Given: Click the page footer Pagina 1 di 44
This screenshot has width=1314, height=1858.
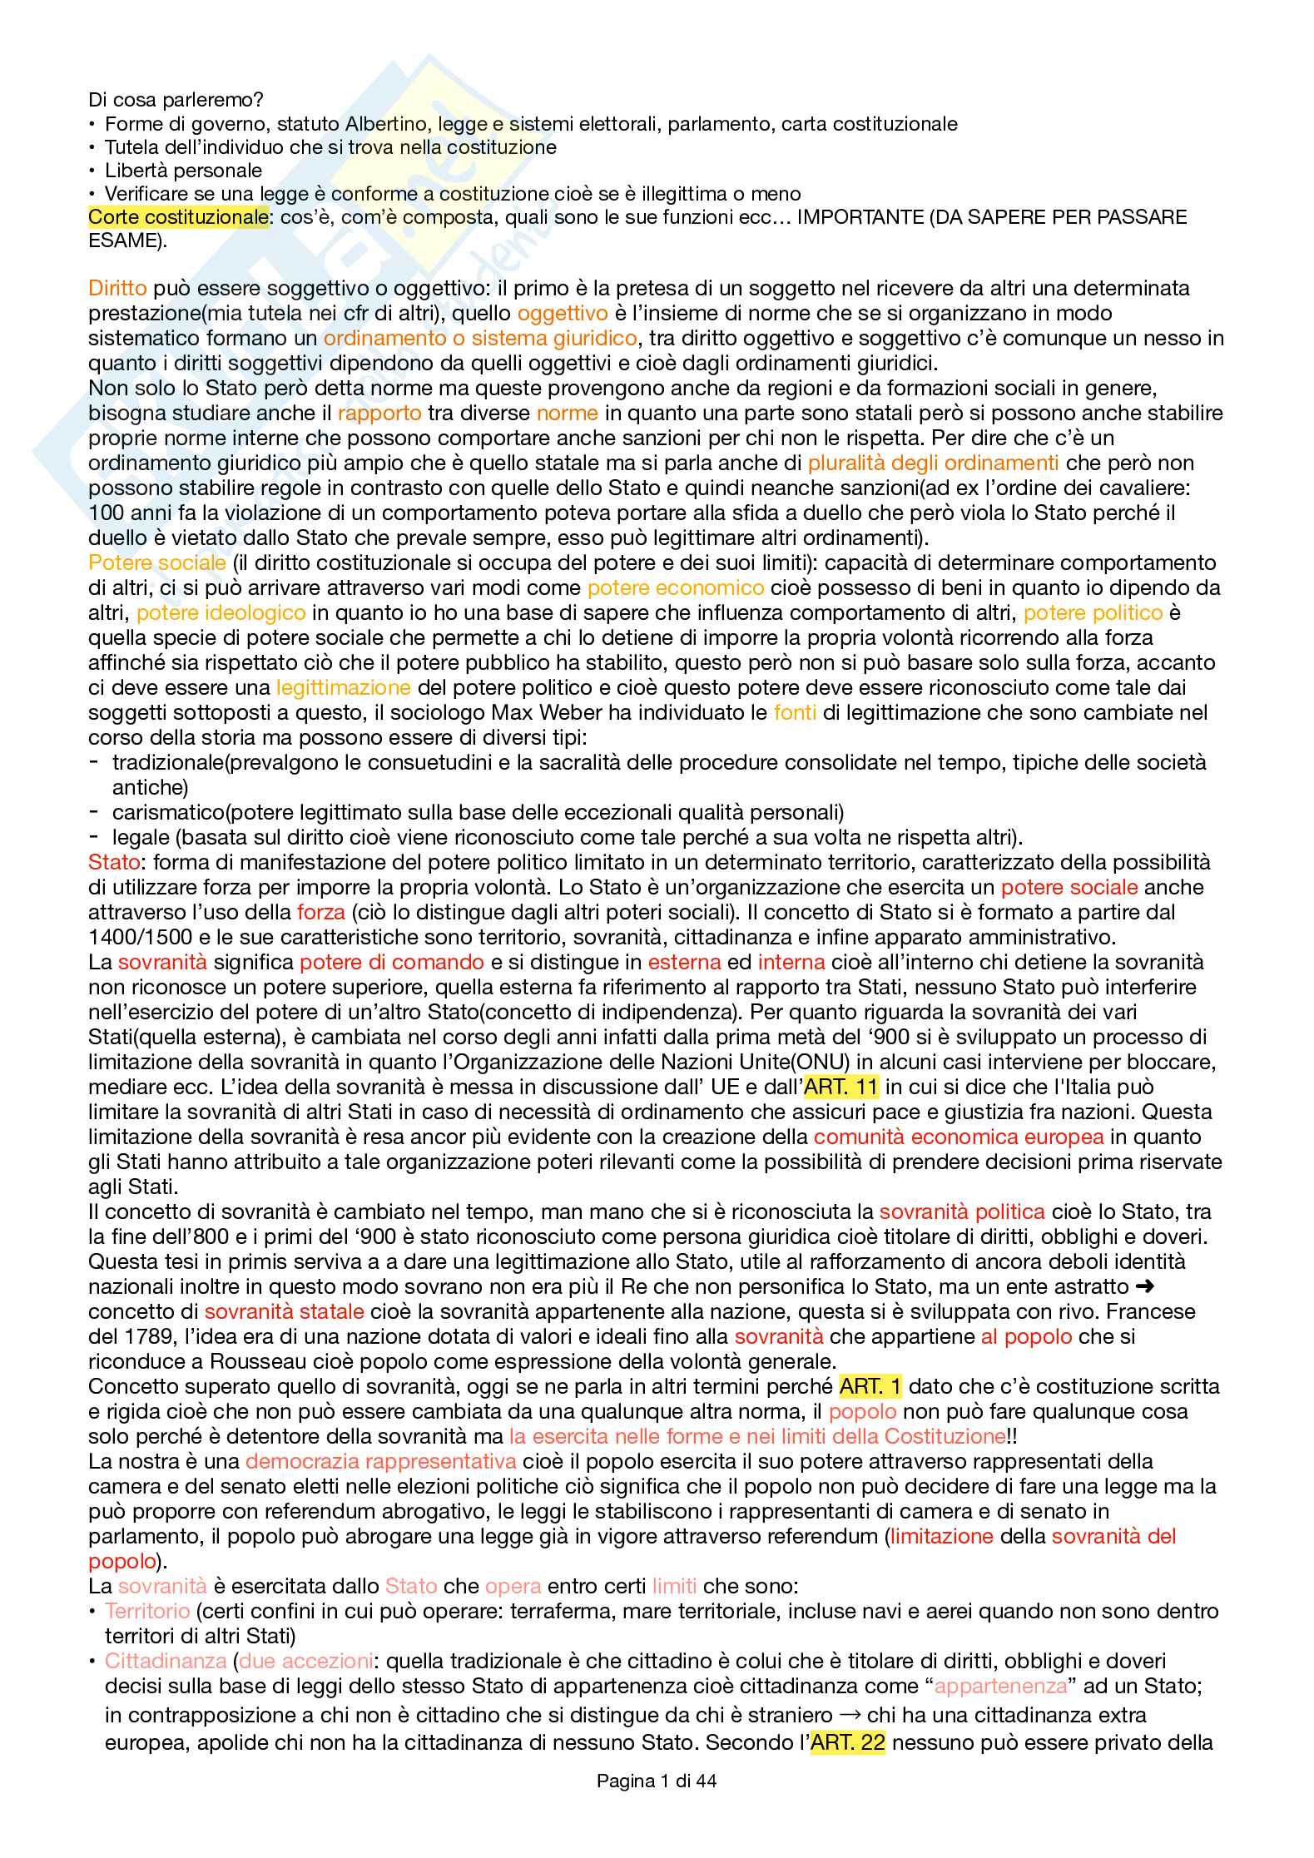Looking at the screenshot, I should (657, 1781).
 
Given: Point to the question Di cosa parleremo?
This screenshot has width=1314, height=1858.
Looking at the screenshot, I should (176, 100).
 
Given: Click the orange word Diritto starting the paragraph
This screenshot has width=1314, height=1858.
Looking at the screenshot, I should (117, 289).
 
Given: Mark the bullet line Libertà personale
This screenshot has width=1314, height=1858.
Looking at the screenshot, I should (183, 171).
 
